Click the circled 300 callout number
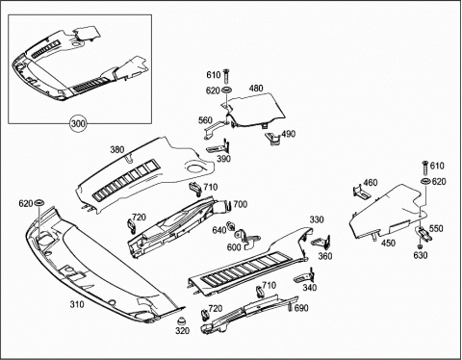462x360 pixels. point(78,123)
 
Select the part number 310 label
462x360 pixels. point(77,304)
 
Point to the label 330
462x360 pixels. point(317,219)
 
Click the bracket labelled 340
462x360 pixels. point(304,276)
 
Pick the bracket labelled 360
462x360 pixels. point(321,242)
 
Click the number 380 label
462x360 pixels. point(117,149)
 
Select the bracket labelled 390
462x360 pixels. point(219,147)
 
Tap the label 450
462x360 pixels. point(388,243)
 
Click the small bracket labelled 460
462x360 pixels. point(360,193)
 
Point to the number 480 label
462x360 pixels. point(256,88)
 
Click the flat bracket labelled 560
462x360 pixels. point(216,128)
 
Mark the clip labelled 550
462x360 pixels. point(424,234)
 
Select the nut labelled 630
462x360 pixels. point(420,246)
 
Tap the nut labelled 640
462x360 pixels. point(230,226)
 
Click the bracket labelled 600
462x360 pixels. point(247,239)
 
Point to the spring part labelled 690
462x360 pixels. point(290,307)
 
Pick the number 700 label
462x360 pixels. point(241,204)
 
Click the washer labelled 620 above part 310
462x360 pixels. point(39,203)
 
